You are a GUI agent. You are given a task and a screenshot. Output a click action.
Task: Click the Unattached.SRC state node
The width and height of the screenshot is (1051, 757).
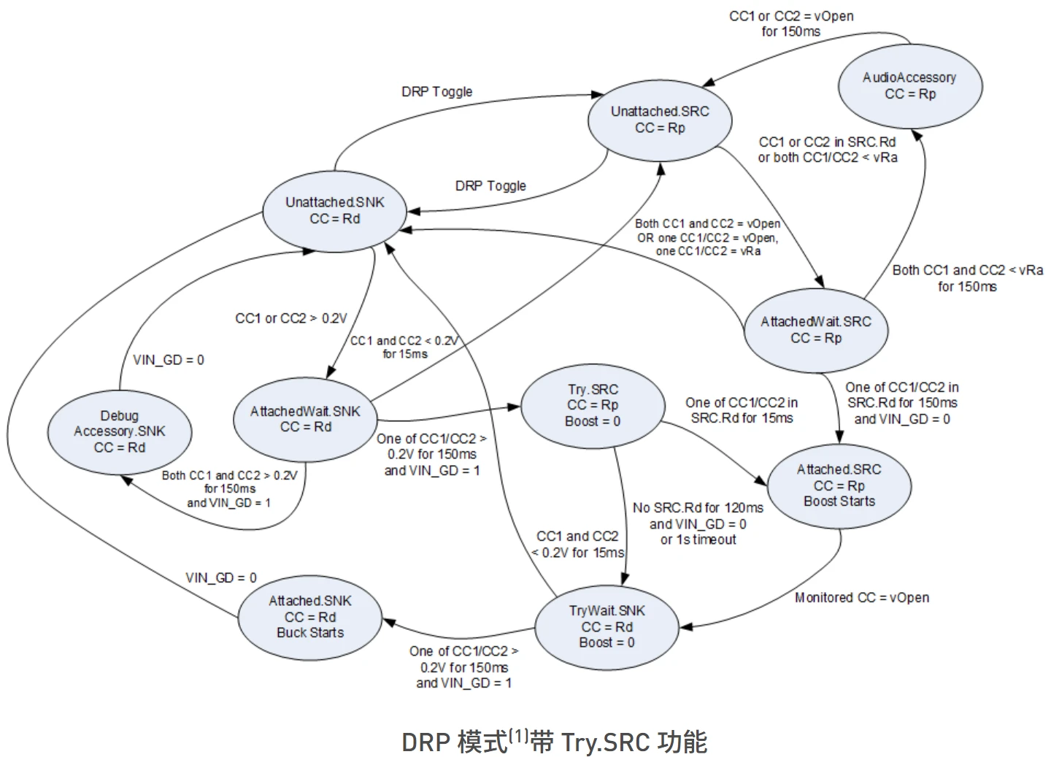[660, 120]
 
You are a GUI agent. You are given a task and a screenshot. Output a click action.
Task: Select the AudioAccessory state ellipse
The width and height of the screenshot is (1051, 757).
[910, 86]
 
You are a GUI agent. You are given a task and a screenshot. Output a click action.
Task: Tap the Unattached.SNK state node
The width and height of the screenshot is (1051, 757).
[334, 211]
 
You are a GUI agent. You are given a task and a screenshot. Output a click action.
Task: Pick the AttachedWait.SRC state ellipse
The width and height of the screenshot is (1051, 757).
[816, 331]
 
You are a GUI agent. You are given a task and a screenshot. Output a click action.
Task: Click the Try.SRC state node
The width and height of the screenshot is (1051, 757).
[593, 406]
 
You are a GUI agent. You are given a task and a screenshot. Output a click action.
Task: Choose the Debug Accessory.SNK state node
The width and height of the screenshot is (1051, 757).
[120, 432]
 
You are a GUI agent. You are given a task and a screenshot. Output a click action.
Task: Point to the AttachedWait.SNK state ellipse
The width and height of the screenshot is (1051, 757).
[305, 420]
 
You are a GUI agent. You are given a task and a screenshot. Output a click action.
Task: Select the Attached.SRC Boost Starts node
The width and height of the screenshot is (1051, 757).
[839, 486]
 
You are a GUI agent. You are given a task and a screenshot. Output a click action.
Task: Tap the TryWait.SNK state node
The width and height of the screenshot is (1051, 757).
[607, 627]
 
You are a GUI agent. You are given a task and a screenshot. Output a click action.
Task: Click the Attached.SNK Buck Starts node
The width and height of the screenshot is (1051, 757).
[310, 617]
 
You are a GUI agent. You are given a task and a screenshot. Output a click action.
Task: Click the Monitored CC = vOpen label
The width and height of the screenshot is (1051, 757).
[862, 597]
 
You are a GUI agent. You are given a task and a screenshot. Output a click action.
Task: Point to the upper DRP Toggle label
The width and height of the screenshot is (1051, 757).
[436, 91]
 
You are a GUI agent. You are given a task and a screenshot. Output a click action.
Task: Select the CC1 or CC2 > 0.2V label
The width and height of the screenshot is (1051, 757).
[291, 319]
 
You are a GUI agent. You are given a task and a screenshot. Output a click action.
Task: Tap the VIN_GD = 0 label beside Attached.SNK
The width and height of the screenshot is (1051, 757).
[221, 577]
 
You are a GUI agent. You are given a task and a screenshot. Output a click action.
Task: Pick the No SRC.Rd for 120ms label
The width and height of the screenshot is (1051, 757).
[698, 508]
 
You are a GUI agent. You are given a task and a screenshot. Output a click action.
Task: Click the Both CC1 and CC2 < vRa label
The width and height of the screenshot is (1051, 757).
[968, 270]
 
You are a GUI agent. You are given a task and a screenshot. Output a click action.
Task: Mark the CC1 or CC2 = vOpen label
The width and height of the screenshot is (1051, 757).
[791, 17]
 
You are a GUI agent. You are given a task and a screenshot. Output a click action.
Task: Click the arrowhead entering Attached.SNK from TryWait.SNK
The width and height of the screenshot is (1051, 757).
[389, 622]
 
